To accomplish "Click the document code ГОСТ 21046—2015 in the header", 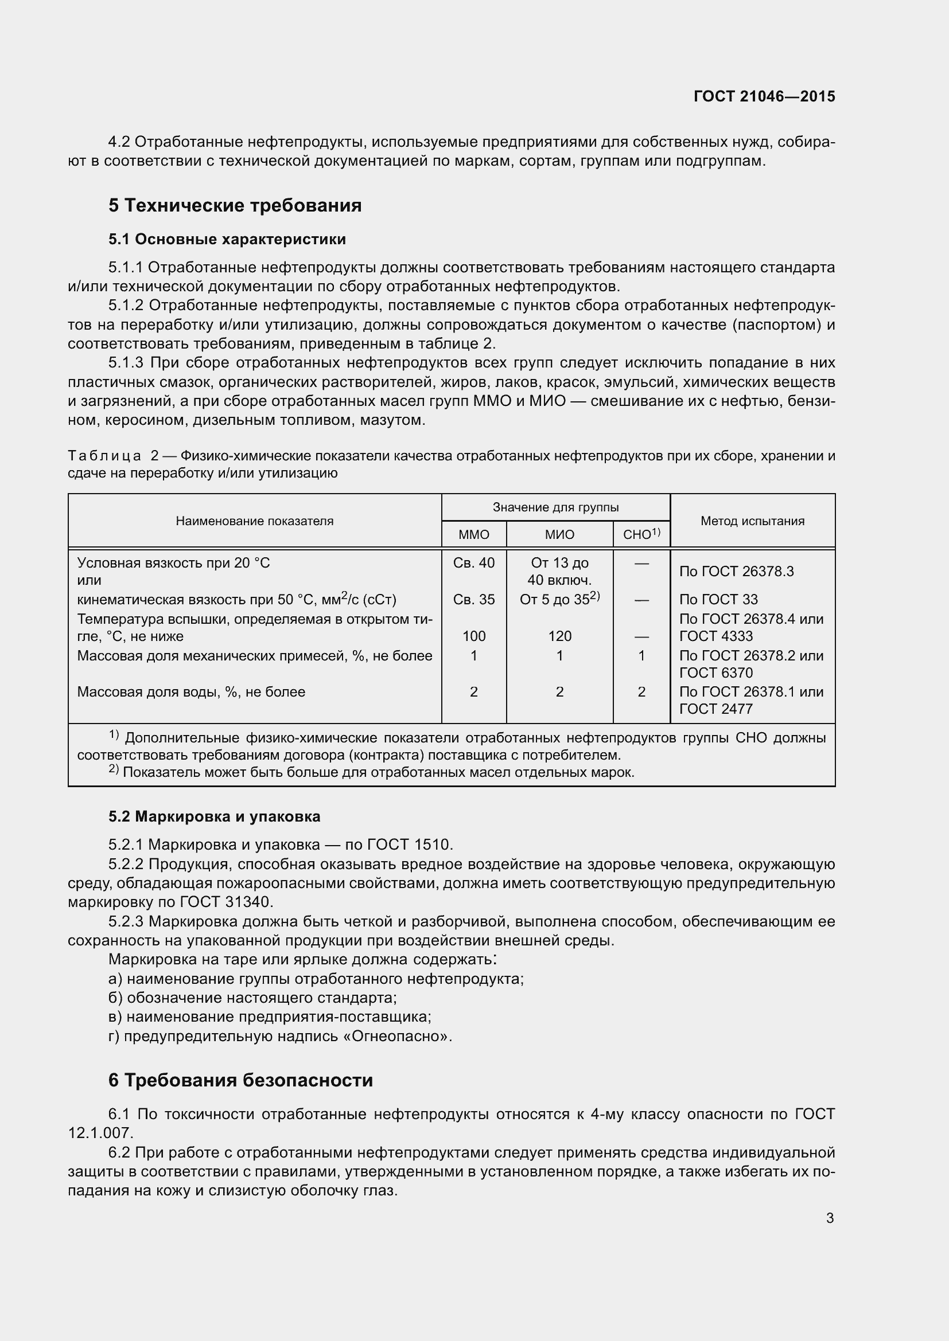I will coord(764,96).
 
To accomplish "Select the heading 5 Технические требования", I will coord(235,206).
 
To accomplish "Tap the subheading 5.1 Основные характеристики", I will coord(227,240).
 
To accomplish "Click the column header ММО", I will coord(473,534).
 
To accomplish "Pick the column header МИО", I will coord(559,534).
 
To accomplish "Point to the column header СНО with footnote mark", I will coord(641,534).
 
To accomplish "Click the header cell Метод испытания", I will coord(752,521).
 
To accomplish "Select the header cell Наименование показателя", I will coord(254,521).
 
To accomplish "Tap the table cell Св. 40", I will coord(473,562).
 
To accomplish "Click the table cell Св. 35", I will coord(473,599).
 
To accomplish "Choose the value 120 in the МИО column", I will coord(559,636).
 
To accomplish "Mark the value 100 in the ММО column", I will coord(473,636).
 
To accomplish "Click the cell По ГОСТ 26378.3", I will coord(736,571).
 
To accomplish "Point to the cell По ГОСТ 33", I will coord(718,599).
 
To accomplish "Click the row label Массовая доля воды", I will coord(191,692).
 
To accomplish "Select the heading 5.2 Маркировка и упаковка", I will coord(214,816).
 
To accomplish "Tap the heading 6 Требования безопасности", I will coord(240,1081).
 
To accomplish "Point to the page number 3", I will coord(830,1218).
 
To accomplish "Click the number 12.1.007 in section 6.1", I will coord(99,1133).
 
